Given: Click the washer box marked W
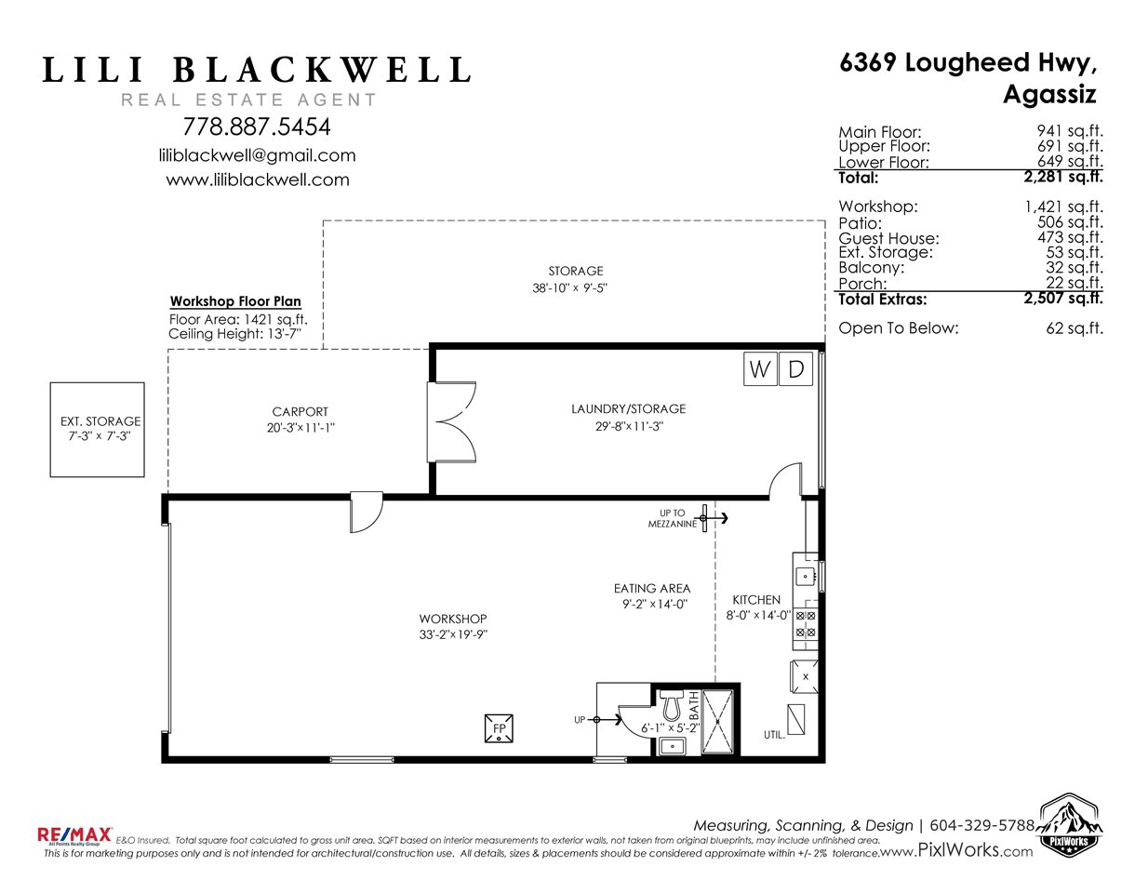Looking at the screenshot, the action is click(760, 368).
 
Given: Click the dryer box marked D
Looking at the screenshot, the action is click(795, 368).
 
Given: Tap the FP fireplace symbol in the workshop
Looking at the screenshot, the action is click(499, 728).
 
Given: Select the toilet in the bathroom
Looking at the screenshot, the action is click(672, 704).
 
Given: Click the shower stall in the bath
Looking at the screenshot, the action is click(717, 721).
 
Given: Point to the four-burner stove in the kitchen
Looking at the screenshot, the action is click(806, 623).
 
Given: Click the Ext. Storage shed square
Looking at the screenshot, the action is click(97, 430).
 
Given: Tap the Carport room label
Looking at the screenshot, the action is click(300, 411).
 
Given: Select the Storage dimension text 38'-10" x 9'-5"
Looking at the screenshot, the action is click(570, 287).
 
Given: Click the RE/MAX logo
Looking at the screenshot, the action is click(74, 835).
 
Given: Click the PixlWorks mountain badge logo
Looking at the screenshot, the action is click(1069, 824).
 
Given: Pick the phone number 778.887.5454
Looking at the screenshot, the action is click(257, 127).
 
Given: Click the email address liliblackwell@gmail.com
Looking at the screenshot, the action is click(258, 155).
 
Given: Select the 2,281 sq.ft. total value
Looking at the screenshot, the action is click(1063, 177).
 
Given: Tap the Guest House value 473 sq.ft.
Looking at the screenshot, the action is click(1070, 237).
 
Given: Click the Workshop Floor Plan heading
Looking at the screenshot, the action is click(235, 301).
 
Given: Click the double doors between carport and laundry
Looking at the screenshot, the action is click(452, 422).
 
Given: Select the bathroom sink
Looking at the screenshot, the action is click(672, 747).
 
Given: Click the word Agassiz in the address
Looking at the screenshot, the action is click(1049, 95).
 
